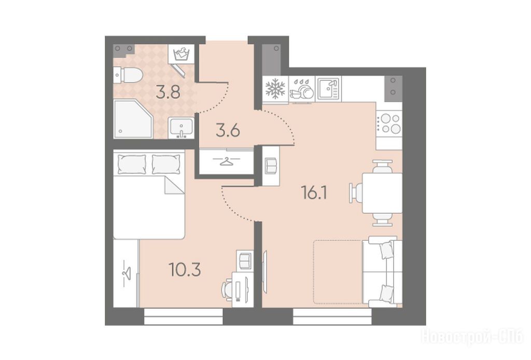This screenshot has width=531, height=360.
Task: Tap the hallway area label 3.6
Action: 228,130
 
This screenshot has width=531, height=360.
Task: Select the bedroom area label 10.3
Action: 185,270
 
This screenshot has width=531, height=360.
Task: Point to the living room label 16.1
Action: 314,193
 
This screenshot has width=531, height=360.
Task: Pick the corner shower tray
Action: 133,119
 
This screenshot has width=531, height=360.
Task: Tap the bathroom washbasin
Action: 181,128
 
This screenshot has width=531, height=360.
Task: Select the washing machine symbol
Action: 181,54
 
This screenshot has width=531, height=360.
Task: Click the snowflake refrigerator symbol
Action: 275,89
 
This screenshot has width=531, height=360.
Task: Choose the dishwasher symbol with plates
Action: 302,89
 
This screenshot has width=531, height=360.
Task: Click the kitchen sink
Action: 328,88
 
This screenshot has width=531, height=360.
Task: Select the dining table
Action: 382,193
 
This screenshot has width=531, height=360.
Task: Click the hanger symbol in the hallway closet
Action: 226,161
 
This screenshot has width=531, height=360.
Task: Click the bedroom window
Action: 184,316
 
